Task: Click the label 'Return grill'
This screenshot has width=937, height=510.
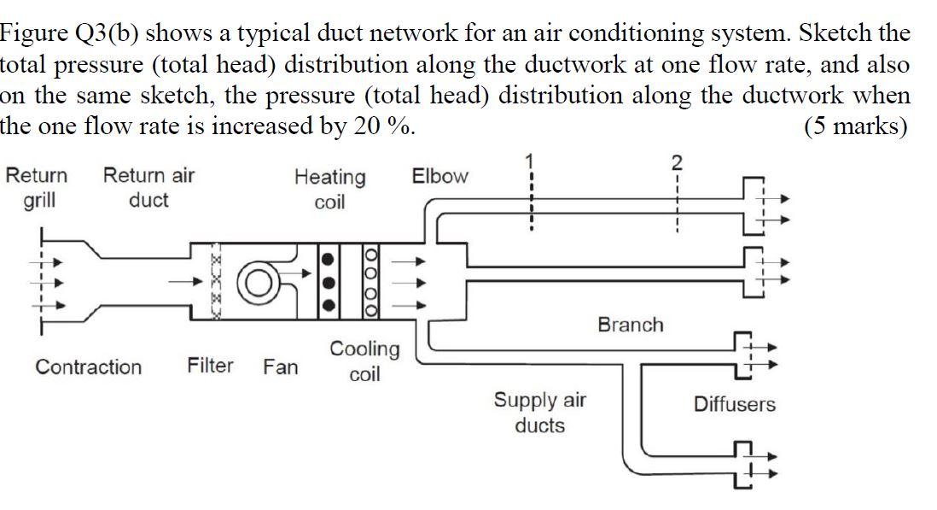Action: (x=37, y=188)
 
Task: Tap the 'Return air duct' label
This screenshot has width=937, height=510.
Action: (x=148, y=188)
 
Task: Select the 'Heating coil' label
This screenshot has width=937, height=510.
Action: (x=329, y=190)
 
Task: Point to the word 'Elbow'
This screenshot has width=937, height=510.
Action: (x=439, y=177)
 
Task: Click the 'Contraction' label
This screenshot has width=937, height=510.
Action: (x=89, y=367)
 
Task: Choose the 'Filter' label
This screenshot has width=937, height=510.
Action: (x=210, y=366)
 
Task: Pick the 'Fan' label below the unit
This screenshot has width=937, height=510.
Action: (x=280, y=367)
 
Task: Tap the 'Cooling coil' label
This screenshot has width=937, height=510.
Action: (x=364, y=361)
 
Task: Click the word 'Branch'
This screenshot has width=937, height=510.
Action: (x=630, y=325)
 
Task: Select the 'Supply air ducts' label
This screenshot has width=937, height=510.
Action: (x=540, y=413)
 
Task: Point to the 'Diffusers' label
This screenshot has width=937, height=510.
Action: (x=734, y=404)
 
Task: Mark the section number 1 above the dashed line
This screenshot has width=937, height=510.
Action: (x=529, y=160)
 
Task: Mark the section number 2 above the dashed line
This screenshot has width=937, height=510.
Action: (x=676, y=162)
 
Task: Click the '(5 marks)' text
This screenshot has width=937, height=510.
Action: (x=856, y=126)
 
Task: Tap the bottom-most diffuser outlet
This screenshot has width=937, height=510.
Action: (x=746, y=466)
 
